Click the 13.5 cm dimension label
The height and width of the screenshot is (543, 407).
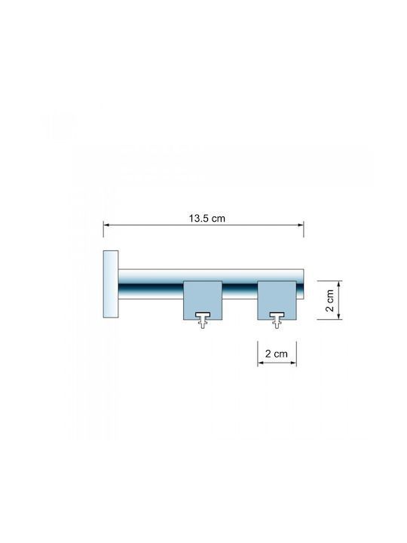coord(207,219)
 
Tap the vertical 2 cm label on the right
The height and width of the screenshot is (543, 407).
coord(330,300)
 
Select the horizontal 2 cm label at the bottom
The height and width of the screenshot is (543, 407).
coord(276,354)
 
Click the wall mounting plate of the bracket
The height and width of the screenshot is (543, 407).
coord(111,284)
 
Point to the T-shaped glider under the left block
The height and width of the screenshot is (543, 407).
coord(203,320)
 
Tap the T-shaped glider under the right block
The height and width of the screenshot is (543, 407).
coord(277,320)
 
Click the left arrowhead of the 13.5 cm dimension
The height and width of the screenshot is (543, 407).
coord(106,225)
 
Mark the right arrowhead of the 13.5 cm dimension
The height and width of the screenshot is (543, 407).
coord(301,225)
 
